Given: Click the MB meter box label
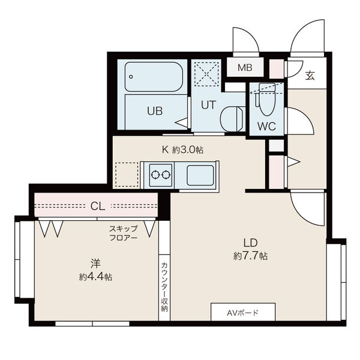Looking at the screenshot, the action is pos(245,67).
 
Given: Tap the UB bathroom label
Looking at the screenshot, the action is pos(155,111).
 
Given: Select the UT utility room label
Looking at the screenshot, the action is pos(208,105).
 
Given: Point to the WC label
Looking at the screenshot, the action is pos(266,126).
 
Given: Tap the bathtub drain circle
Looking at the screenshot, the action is pos(131,77).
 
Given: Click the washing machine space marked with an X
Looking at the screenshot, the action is pos(206,74).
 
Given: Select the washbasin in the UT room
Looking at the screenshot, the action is pos(232,119).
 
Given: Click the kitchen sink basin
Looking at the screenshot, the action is pos(200,175).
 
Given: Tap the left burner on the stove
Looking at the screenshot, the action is pos(155,175).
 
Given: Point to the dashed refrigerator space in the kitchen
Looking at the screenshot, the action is pos(127,174).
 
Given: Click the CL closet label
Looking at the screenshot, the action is pos(98,206).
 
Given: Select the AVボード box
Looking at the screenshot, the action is pos(243,312).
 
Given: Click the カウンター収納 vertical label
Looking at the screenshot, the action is pos(164,287).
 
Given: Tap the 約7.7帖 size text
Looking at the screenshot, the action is pos(250,256).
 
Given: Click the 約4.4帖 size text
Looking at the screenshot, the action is pos(95,277).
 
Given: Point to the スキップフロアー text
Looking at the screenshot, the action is pos(123,233).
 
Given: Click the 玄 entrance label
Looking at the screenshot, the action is pos(310,76).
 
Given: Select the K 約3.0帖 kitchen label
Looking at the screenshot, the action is pos(182,149).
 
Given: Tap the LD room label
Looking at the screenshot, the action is pos(250,242).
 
